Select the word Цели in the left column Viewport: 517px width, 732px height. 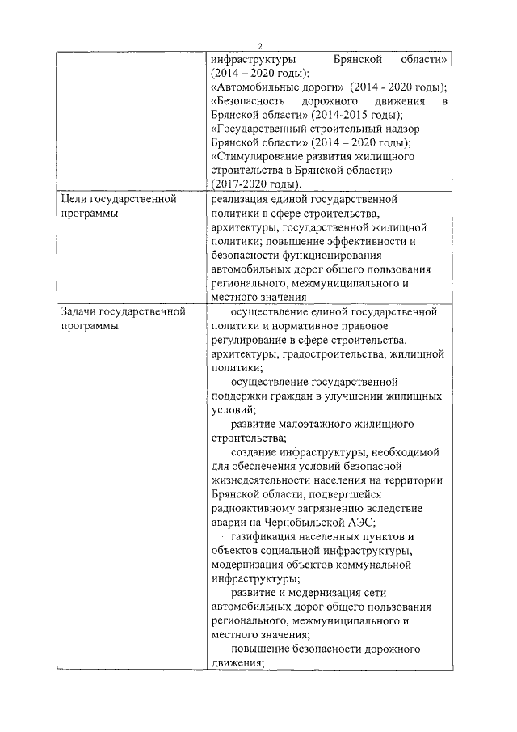click(x=74, y=199)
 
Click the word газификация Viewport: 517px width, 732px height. click(x=267, y=536)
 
